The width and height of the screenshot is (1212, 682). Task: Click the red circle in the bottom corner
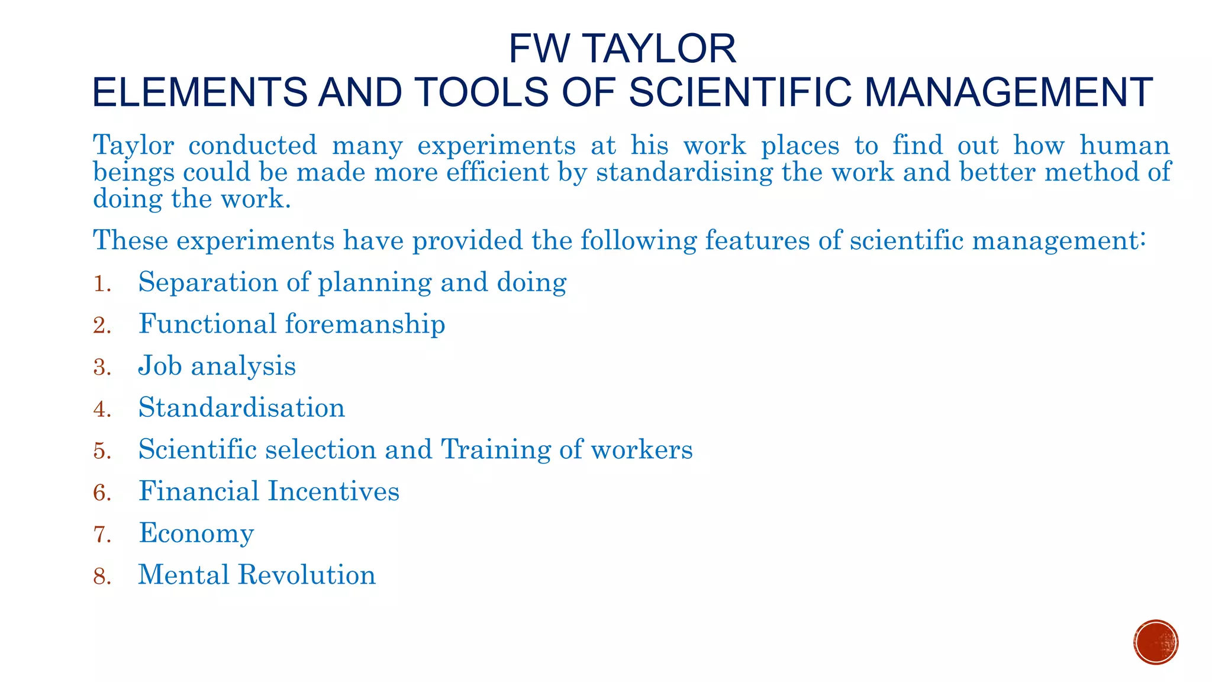pos(1156,642)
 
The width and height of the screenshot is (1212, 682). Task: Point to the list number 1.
pos(102,284)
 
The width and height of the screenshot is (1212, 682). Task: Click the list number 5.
pos(102,451)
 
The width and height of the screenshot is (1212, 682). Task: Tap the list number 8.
pos(102,577)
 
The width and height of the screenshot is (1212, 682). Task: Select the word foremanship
pos(365,324)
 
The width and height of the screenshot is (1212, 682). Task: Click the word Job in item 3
pos(160,366)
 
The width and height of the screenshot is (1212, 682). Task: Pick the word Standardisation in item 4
pos(241,408)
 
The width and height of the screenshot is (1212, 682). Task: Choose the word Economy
pos(196,533)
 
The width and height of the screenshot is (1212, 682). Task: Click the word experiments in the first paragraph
pos(496,146)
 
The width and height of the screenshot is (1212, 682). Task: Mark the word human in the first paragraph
pos(1124,146)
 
